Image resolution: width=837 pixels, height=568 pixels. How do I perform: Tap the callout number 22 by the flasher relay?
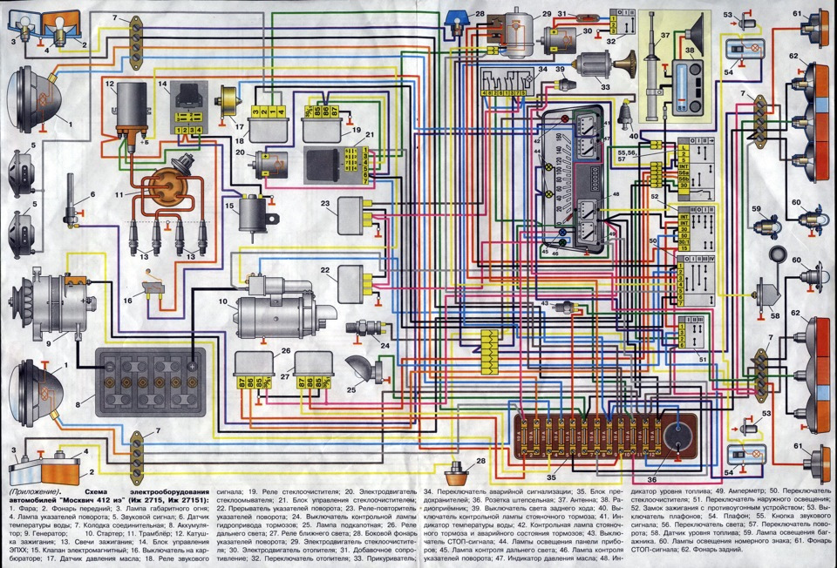[327, 272]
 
